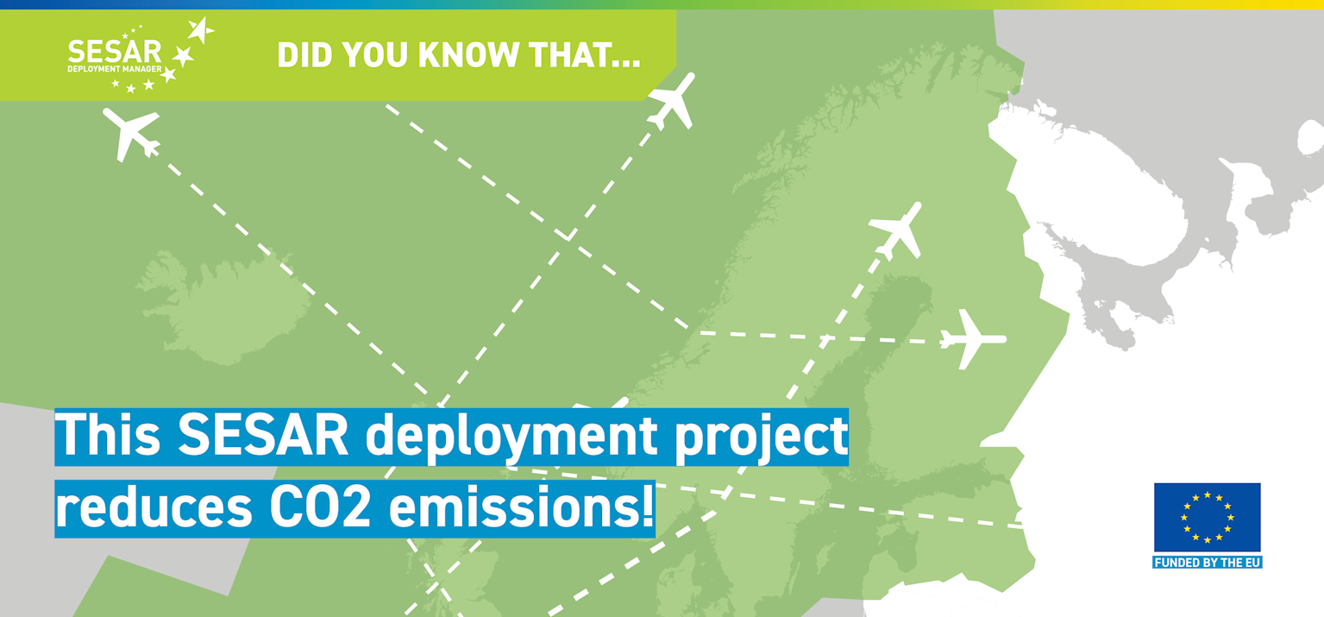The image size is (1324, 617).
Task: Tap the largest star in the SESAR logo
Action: click(200, 31)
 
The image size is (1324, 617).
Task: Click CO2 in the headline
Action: click(320, 509)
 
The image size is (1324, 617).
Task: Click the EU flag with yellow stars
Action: click(1207, 517)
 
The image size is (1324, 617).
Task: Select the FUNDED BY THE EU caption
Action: click(1207, 563)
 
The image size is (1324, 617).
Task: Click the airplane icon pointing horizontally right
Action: click(972, 339)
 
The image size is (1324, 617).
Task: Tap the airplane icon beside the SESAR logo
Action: click(132, 132)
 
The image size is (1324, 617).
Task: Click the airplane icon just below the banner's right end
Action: click(672, 101)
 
